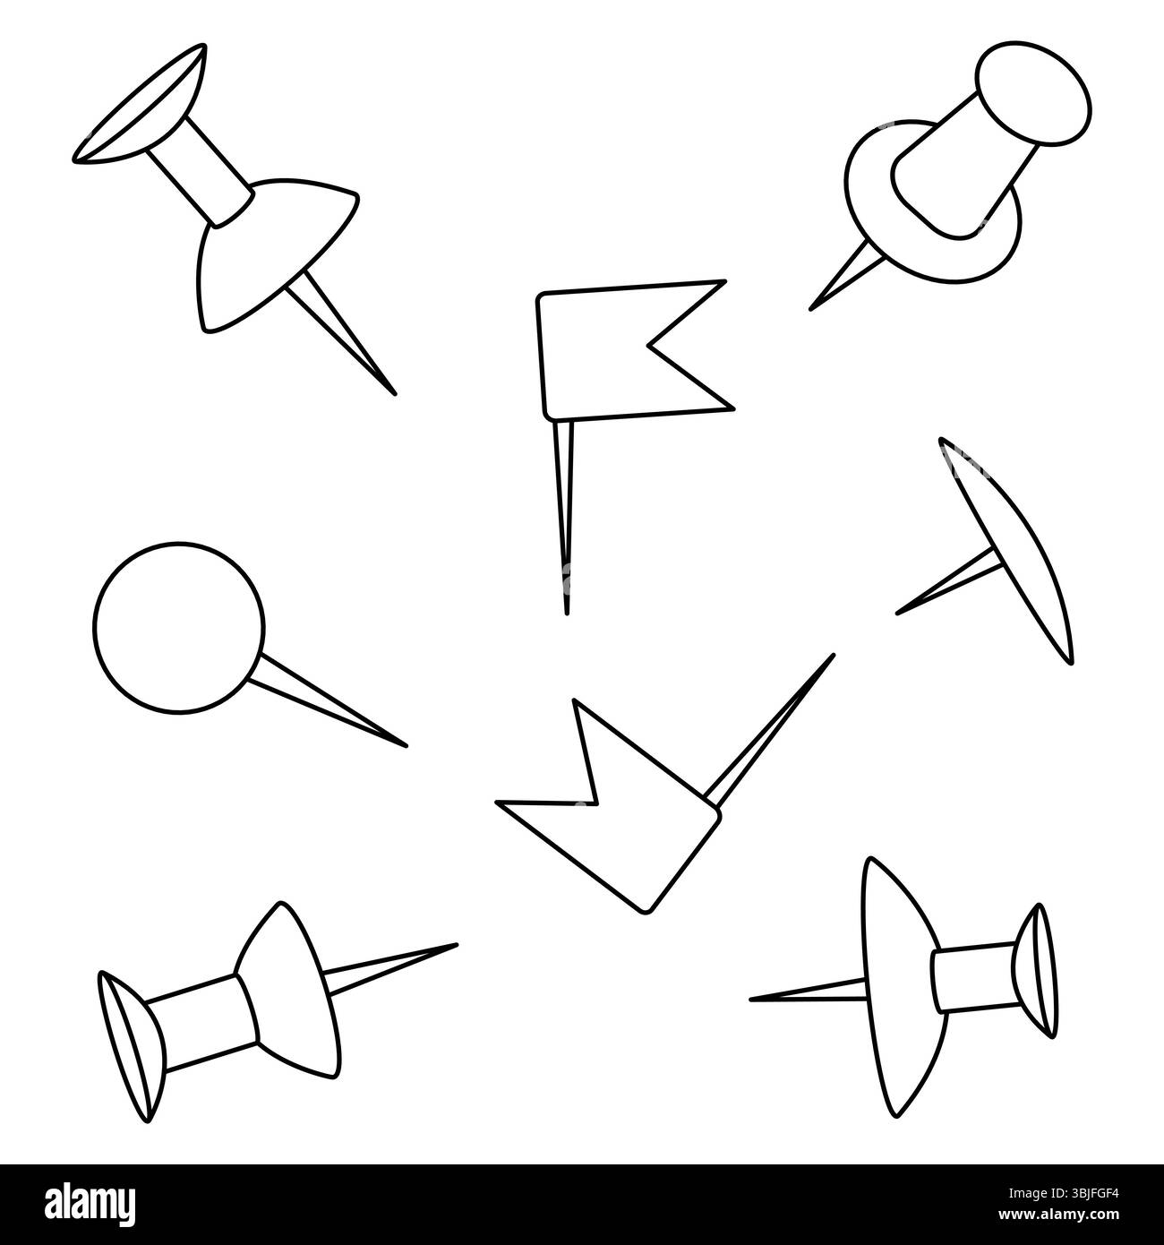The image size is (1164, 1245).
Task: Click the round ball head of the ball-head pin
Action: click(179, 628)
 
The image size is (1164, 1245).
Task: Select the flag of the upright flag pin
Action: click(633, 350)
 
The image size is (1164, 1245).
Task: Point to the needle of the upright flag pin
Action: click(565, 517)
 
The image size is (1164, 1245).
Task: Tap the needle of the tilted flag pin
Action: click(770, 729)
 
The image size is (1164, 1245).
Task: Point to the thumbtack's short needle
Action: click(947, 581)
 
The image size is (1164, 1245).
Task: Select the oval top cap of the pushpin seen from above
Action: click(1033, 93)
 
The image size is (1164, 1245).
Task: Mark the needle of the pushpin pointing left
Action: click(809, 991)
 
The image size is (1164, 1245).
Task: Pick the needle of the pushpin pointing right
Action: click(389, 966)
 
